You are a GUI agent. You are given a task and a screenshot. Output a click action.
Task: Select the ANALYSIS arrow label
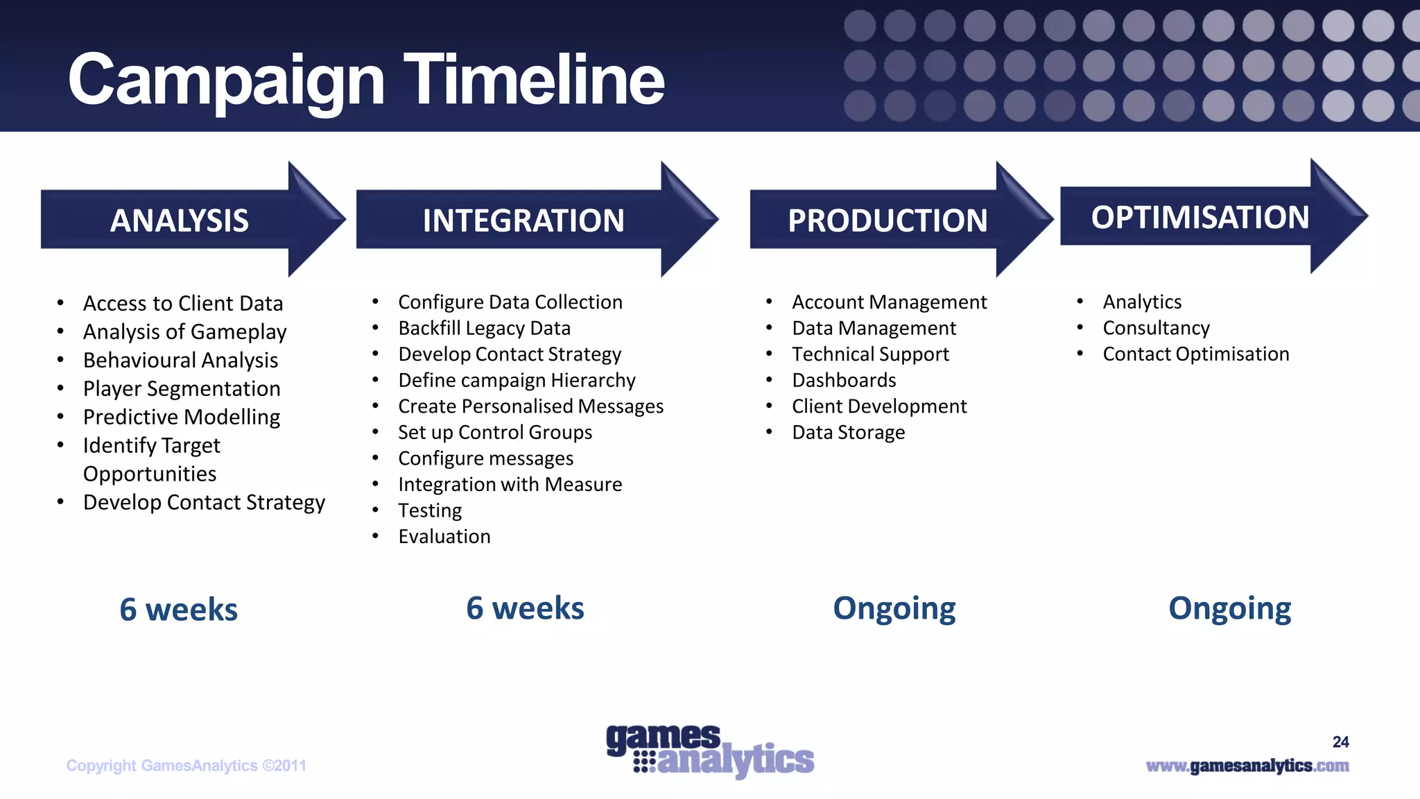(179, 221)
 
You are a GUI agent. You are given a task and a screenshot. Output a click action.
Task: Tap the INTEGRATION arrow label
(523, 221)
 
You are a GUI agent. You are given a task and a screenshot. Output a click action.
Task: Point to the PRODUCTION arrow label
(887, 221)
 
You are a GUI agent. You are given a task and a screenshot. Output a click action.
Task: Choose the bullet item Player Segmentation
(182, 388)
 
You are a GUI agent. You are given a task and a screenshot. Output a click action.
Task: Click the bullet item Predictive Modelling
(182, 417)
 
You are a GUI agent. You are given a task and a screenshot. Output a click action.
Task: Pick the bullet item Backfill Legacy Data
(484, 328)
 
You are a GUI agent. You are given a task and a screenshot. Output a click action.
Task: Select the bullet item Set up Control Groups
(495, 432)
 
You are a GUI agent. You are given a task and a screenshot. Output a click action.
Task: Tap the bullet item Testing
(430, 510)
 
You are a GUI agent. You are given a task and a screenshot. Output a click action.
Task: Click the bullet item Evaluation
(444, 536)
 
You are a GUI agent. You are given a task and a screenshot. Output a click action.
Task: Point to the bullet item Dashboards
(844, 380)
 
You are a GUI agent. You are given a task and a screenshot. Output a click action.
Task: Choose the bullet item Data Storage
(848, 432)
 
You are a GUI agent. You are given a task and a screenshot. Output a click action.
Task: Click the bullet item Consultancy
(1156, 328)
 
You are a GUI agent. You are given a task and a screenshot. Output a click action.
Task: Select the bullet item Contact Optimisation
(1195, 354)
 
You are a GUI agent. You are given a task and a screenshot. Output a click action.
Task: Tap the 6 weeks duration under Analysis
(178, 610)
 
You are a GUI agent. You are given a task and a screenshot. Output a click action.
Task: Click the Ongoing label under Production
(894, 608)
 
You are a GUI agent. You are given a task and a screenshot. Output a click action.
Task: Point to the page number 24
(1340, 742)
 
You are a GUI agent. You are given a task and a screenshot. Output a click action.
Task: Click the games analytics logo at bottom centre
(709, 751)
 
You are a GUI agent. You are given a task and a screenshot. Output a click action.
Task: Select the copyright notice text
(186, 766)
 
